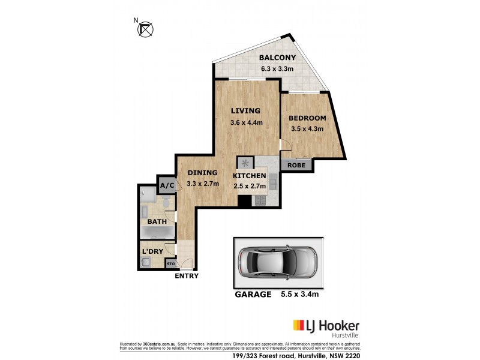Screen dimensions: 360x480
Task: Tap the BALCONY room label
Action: [277, 58]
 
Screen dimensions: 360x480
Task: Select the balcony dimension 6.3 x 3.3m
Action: [277, 69]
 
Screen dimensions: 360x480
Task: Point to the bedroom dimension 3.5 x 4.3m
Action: [307, 129]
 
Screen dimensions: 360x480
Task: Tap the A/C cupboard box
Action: [166, 185]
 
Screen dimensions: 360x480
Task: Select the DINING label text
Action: [202, 173]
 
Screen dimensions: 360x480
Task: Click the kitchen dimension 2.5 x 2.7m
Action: [249, 187]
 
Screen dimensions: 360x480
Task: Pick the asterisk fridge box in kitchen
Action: [245, 163]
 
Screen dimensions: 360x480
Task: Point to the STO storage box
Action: [170, 263]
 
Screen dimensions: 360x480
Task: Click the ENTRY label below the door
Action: [186, 277]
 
